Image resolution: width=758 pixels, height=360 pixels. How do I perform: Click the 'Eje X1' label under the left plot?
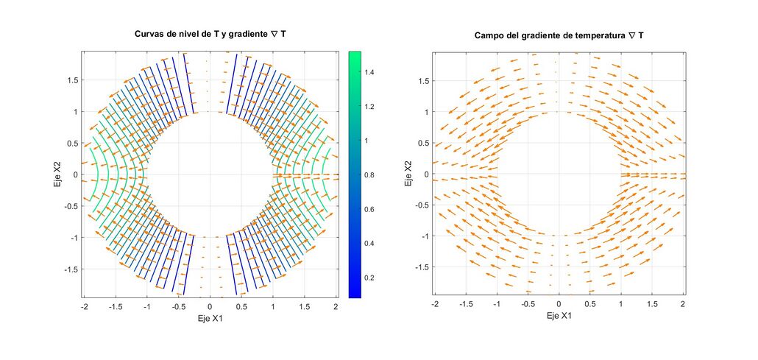click(x=210, y=320)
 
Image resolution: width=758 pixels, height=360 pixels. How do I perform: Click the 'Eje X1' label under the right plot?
click(x=559, y=315)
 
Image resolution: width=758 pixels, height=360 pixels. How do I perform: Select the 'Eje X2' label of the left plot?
click(x=57, y=174)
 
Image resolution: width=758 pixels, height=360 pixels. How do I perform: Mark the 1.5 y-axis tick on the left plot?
click(x=71, y=80)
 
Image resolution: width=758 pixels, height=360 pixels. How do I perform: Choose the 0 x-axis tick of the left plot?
click(x=210, y=306)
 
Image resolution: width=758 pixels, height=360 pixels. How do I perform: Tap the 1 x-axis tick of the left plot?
click(x=273, y=306)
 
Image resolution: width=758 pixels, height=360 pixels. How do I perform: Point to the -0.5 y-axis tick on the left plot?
click(x=69, y=206)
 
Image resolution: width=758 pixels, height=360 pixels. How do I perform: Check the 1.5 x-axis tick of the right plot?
click(x=653, y=303)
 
